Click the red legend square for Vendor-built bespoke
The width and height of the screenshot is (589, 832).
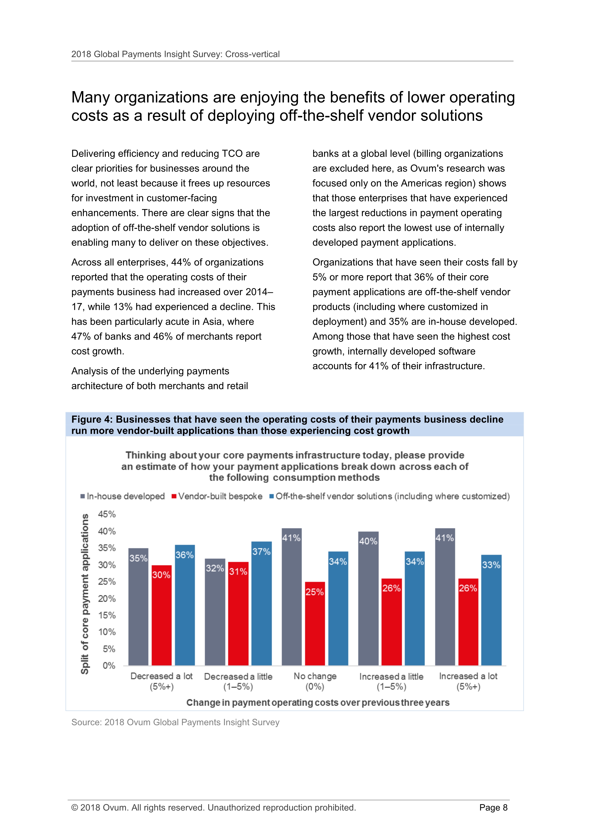point(174,496)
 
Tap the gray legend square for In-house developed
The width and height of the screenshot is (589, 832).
point(83,496)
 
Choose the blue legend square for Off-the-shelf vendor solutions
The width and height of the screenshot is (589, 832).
point(271,496)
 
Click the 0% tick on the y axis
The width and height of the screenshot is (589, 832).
point(108,666)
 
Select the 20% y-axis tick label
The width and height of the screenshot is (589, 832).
point(107,598)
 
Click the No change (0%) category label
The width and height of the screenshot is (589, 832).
point(315,681)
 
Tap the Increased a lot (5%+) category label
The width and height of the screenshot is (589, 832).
point(468,681)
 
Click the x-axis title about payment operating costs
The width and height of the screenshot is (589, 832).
point(318,703)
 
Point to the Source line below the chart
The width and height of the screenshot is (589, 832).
point(175,722)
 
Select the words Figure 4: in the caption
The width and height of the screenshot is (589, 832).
point(92,420)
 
